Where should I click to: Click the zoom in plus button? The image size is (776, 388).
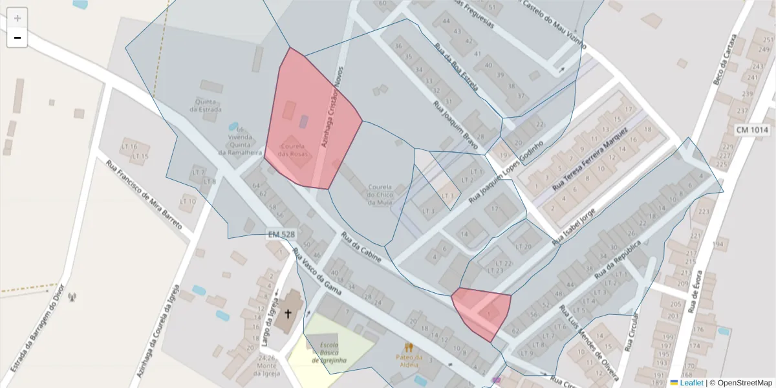click(x=17, y=18)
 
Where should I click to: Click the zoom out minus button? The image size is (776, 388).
click(x=17, y=38)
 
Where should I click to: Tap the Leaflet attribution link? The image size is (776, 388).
click(x=691, y=383)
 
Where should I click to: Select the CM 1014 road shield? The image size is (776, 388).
click(x=752, y=130)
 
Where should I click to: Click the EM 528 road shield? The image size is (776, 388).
click(x=281, y=234)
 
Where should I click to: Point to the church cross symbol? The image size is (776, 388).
click(x=288, y=314)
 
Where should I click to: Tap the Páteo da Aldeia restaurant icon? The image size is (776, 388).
click(x=409, y=347)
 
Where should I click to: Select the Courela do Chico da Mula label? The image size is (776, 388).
click(x=380, y=195)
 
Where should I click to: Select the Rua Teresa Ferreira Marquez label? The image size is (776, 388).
click(x=590, y=159)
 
